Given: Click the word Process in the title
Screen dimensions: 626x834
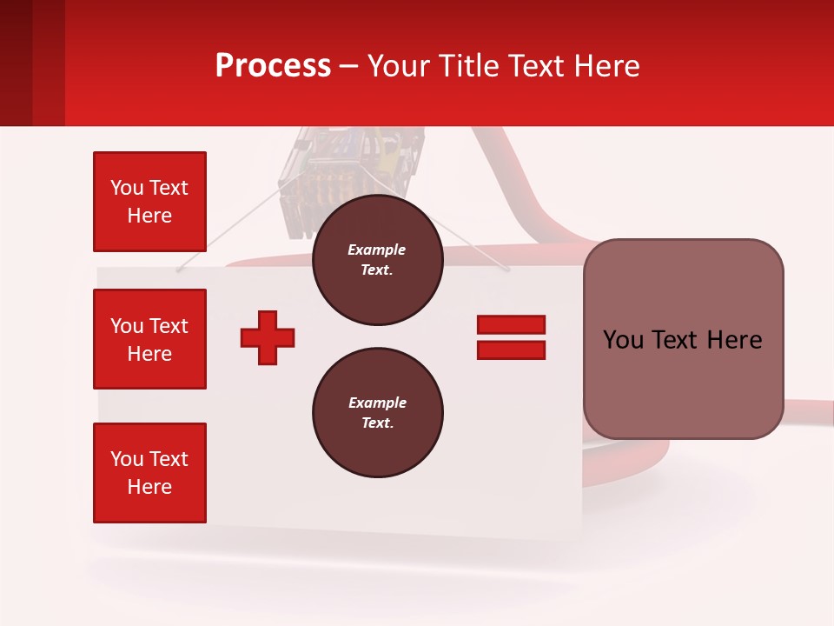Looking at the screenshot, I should click(273, 66).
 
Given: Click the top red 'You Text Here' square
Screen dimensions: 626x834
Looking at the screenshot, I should click(149, 202).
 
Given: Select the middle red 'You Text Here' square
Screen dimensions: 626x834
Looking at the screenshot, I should click(149, 339).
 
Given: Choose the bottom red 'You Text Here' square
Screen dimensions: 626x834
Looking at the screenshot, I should click(149, 473).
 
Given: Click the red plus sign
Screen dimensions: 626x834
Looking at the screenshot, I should click(268, 337).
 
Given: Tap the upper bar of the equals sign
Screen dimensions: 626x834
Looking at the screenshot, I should click(511, 324).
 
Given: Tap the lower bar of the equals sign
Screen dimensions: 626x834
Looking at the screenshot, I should click(511, 350).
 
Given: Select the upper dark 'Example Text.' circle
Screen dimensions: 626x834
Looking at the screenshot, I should click(377, 260).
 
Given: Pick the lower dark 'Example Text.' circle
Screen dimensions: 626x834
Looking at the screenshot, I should click(377, 413).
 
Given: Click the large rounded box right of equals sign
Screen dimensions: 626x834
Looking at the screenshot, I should click(683, 339).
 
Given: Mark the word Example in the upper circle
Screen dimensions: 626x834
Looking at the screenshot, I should click(377, 250).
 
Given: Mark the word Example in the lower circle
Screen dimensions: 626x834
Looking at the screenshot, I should click(377, 403).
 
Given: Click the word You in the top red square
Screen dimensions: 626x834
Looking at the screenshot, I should click(126, 188).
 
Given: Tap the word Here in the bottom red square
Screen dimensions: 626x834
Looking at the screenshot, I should click(149, 487).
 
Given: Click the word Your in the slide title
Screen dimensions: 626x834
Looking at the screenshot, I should click(399, 66).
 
